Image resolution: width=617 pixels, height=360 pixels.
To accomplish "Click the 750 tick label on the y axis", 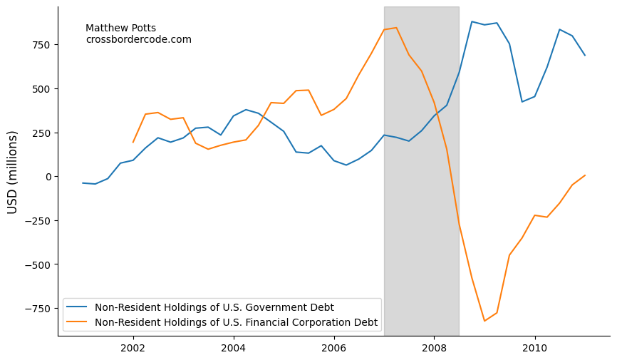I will pyautogui.click(x=41, y=45).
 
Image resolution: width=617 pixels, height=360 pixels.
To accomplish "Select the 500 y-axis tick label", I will pyautogui.click(x=41, y=89).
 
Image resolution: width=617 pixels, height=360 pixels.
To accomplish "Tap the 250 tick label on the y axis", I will pyautogui.click(x=41, y=133).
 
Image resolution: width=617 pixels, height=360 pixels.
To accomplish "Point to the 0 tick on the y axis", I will pyautogui.click(x=48, y=177).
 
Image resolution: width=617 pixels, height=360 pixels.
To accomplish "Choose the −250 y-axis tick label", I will pyautogui.click(x=37, y=221).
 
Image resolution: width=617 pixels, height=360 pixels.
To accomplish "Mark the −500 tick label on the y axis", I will pyautogui.click(x=37, y=265).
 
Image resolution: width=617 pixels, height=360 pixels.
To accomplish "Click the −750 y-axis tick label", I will pyautogui.click(x=37, y=309).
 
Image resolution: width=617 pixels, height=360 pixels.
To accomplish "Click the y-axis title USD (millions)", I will pyautogui.click(x=13, y=172).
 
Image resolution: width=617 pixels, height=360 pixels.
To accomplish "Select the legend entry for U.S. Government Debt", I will pyautogui.click(x=214, y=307).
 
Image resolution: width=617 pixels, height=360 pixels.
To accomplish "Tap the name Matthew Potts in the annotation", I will pyautogui.click(x=120, y=29).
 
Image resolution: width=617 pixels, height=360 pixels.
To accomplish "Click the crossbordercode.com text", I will pyautogui.click(x=138, y=40).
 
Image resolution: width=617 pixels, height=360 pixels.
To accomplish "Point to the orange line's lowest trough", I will pyautogui.click(x=484, y=321).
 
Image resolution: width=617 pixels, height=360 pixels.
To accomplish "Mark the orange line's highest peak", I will pyautogui.click(x=396, y=28).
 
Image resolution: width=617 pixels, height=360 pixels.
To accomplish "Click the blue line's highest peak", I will pyautogui.click(x=472, y=21).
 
